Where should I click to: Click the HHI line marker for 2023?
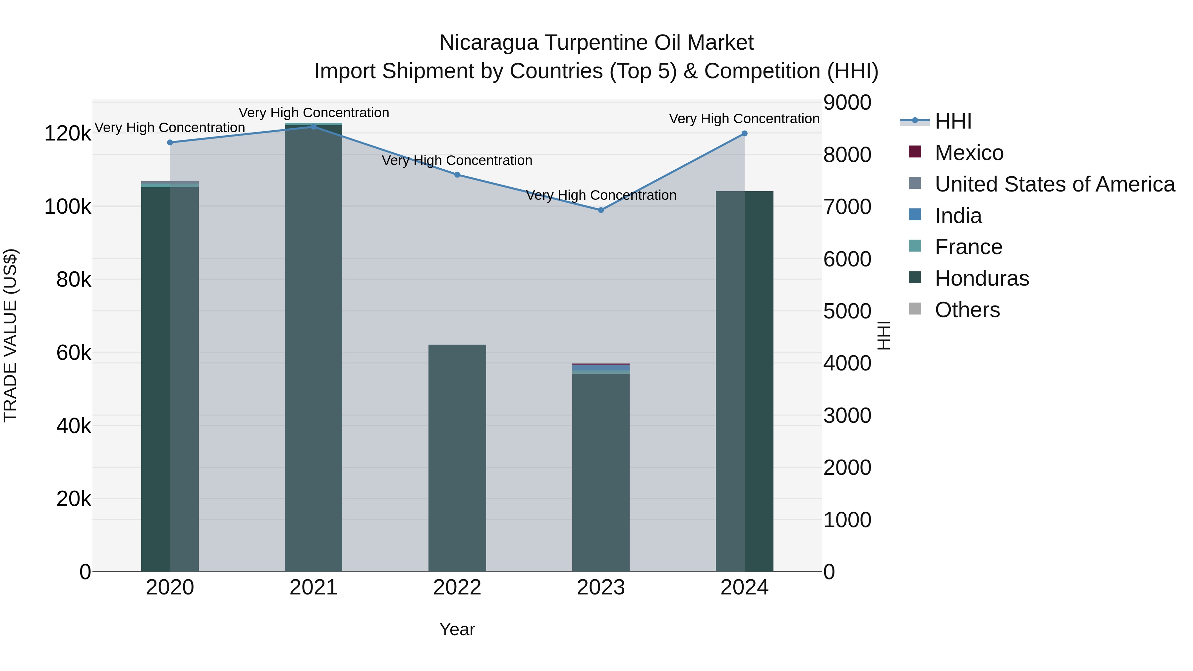coord(601,210)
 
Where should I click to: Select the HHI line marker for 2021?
coord(313,127)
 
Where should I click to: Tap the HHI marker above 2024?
coord(744,133)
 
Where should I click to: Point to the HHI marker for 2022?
coord(457,175)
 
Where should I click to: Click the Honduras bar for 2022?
coord(457,459)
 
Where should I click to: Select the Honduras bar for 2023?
coord(601,472)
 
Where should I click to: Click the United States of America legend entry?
coord(1054,184)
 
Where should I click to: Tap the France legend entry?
coord(968,247)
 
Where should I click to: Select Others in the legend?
coord(967,310)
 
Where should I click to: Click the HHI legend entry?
coord(953,121)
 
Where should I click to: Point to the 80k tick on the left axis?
coord(73,280)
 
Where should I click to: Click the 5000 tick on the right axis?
coord(847,311)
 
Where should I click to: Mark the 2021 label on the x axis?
coord(313,587)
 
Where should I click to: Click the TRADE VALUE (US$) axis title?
coord(10,335)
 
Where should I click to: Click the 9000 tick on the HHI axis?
coord(847,102)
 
